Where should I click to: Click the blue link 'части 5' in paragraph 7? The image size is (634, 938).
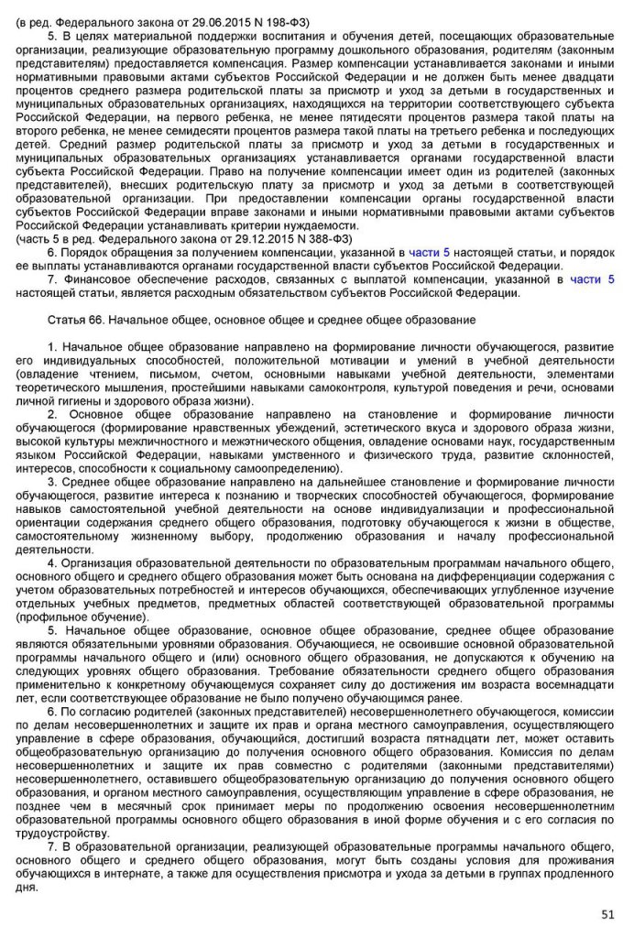(x=592, y=279)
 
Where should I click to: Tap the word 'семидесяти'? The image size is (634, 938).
(x=191, y=131)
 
